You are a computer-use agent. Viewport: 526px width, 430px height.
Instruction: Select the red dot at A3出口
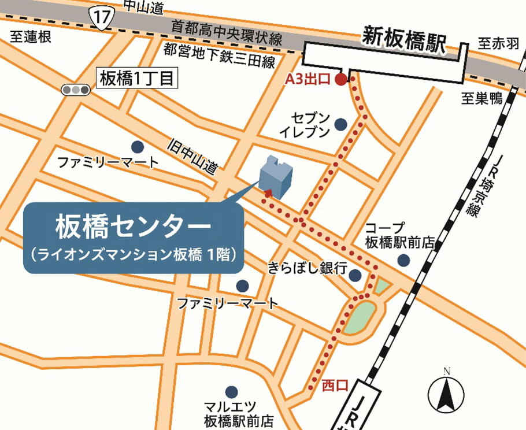341,80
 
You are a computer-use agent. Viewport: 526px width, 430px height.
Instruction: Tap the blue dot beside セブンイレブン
340,124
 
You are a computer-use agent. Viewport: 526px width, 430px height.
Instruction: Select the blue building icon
275,175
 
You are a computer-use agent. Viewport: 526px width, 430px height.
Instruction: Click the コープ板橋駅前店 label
399,235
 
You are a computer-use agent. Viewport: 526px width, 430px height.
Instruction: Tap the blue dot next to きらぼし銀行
355,275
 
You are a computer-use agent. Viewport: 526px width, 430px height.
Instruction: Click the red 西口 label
335,385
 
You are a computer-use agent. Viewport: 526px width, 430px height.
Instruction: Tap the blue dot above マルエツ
232,392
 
